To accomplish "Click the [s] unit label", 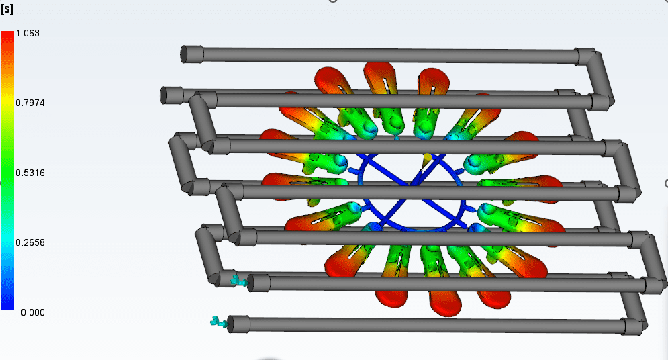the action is (x=7, y=9).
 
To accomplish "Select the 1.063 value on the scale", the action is (x=28, y=33).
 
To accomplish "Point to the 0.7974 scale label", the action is (x=30, y=103).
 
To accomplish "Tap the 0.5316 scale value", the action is (x=30, y=173).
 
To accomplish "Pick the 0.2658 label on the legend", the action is (x=30, y=243).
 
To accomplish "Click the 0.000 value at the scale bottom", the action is (x=33, y=313).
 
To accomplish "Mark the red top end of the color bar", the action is (x=7, y=34).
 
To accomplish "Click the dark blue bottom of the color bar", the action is (x=7, y=305).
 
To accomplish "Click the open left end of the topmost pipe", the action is (x=185, y=54).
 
